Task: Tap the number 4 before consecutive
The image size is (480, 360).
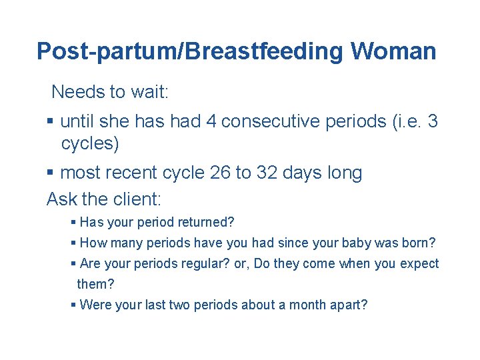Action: click(x=211, y=121)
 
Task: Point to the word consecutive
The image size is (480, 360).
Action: click(x=271, y=121)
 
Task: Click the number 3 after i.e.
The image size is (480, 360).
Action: click(x=433, y=121)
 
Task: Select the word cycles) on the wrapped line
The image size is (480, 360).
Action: click(x=90, y=143)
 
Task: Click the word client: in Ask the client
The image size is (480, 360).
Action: click(x=137, y=199)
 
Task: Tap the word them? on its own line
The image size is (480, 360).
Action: click(x=95, y=284)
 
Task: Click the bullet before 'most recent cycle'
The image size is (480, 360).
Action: click(x=50, y=172)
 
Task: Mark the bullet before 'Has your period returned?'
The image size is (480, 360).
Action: click(x=73, y=222)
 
